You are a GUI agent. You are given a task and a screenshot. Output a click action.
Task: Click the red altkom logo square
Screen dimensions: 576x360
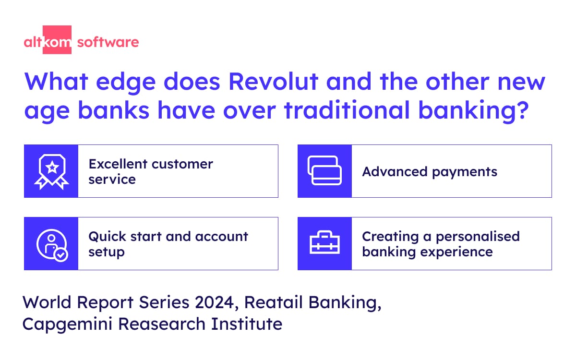coord(57,39)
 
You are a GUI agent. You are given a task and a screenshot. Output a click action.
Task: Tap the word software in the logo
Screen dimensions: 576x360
coord(108,42)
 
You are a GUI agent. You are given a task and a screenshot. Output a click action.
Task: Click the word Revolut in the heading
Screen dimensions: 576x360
coord(273,82)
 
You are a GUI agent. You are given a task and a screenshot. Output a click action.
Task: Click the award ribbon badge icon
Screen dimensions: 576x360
coord(52,171)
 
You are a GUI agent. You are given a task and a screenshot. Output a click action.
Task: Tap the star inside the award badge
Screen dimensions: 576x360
coord(52,168)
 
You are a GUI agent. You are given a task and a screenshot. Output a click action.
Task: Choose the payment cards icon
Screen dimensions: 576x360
coord(324,170)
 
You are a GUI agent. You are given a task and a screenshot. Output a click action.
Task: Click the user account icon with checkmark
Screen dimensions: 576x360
coord(52,244)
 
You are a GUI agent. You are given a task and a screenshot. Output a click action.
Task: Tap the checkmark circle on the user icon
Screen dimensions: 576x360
coord(61,255)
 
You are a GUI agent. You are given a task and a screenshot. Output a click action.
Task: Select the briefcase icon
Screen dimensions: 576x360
coord(324,242)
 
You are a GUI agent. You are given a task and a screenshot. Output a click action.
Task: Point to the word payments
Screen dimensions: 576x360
coord(465,172)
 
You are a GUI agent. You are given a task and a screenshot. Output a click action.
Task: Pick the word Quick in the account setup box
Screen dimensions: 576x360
coord(107,237)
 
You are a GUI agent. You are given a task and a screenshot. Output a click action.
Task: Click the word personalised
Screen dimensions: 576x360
coord(478,236)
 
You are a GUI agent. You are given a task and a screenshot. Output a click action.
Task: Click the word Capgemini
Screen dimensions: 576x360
coord(67,324)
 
